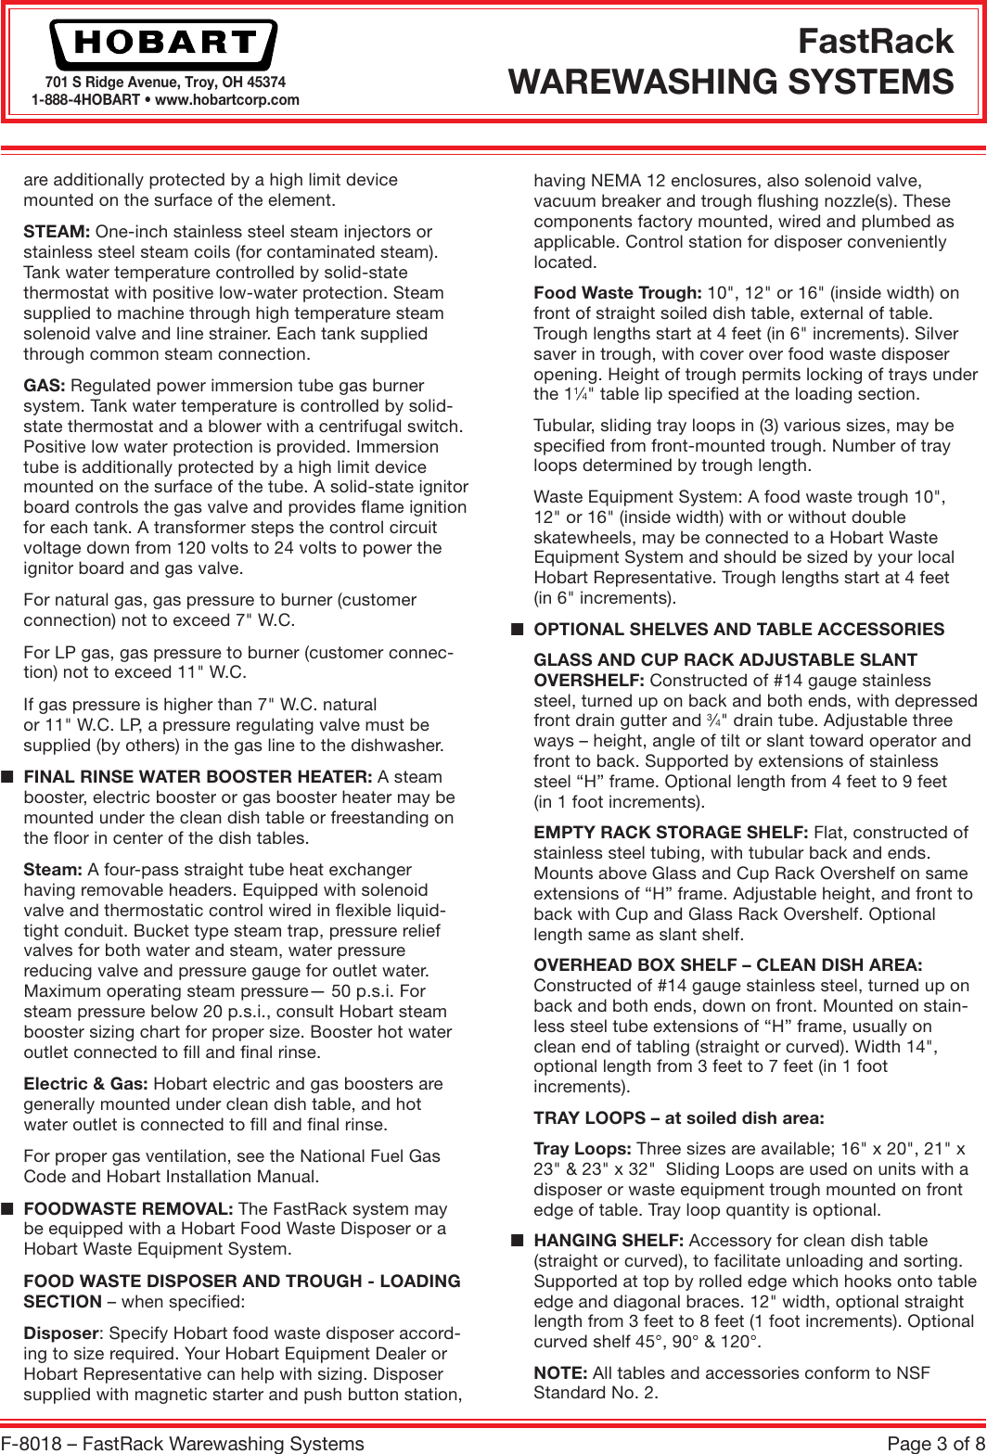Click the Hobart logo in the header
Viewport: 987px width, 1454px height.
pos(163,44)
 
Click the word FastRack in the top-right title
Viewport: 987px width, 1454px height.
pos(875,42)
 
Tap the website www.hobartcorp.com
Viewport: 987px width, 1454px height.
pos(227,100)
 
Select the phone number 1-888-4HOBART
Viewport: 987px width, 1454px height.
pos(85,100)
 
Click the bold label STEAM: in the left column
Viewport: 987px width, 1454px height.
pos(57,232)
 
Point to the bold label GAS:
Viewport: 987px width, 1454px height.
pos(45,386)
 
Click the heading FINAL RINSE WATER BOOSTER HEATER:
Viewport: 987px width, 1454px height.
pos(198,777)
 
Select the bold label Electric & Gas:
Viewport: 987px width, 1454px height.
pos(87,1084)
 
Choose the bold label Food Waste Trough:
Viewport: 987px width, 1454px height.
pos(617,293)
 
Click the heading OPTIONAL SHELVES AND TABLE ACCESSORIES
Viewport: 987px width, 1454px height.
pos(738,630)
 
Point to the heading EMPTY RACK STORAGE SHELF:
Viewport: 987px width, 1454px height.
pos(671,833)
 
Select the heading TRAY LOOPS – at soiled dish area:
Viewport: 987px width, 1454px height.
pos(678,1118)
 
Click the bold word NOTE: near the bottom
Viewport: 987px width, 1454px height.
pos(560,1373)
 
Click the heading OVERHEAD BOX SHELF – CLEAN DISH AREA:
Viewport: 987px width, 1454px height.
pos(727,965)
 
